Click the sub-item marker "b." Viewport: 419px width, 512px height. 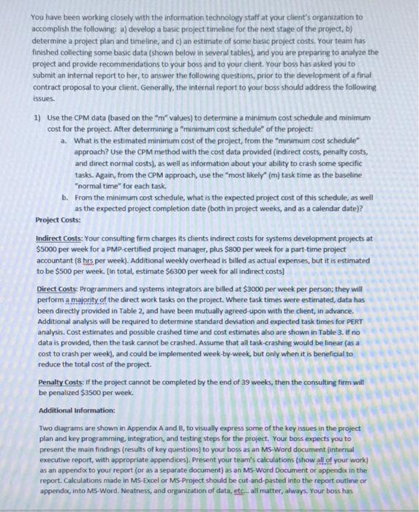click(x=65, y=197)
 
